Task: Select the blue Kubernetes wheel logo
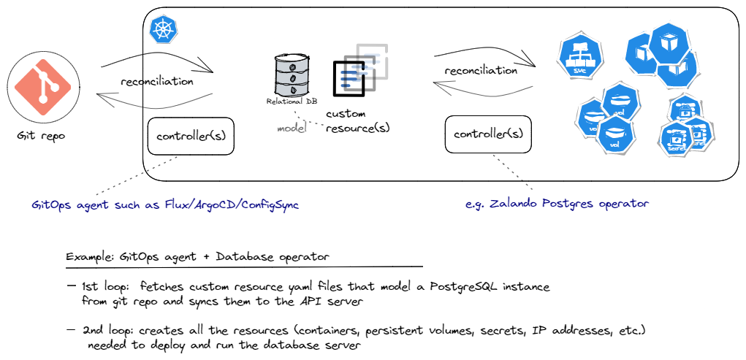[161, 31]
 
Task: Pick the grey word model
[290, 129]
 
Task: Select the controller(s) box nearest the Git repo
[191, 136]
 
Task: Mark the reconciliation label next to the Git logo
[157, 81]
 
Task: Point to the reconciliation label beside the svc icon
[481, 71]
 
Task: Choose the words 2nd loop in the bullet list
[111, 331]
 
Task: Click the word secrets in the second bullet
[498, 331]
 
